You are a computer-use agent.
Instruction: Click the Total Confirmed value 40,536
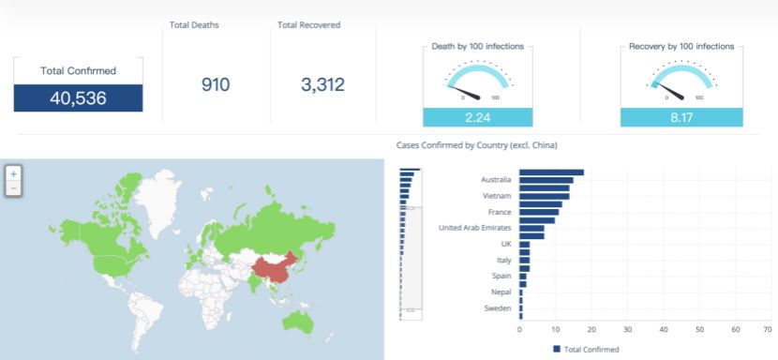click(x=78, y=98)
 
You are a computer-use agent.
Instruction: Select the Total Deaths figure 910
click(x=216, y=85)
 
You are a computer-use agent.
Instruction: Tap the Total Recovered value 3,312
click(x=322, y=85)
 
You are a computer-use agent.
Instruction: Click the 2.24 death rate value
click(x=477, y=118)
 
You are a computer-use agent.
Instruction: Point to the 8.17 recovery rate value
click(x=681, y=118)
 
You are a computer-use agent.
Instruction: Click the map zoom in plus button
click(x=13, y=173)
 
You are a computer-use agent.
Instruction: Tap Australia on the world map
click(x=298, y=322)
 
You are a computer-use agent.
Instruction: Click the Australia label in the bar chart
click(x=496, y=180)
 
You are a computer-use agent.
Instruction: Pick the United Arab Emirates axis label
click(x=475, y=228)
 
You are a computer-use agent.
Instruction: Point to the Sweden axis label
click(x=498, y=308)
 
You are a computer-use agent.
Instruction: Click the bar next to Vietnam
click(x=545, y=196)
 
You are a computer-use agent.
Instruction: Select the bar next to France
click(x=539, y=212)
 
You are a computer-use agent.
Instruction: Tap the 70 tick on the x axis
click(x=768, y=330)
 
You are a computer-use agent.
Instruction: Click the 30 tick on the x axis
click(x=628, y=330)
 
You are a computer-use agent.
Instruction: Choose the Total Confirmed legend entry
click(x=586, y=349)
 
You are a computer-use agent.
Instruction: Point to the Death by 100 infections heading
click(x=478, y=46)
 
